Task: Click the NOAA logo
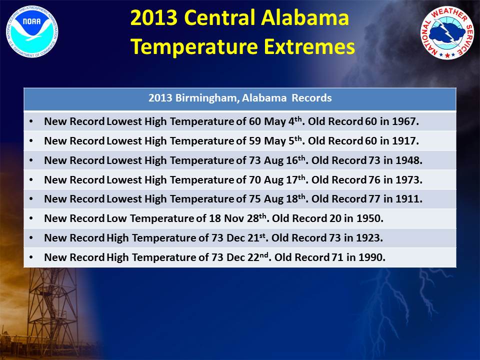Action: (32, 31)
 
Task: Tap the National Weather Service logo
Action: (447, 33)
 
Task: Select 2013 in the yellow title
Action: (153, 17)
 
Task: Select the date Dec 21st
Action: (246, 238)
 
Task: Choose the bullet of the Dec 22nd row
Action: (31, 257)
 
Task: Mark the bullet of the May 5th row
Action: (31, 141)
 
